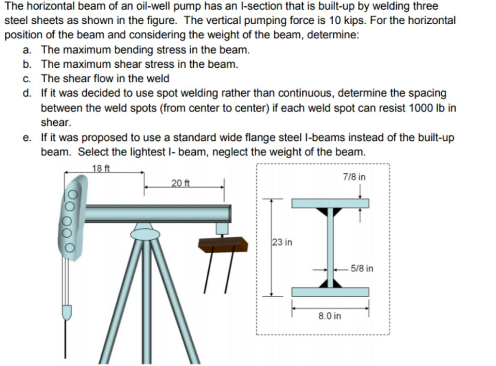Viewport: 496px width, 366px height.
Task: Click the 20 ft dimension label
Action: pos(180,183)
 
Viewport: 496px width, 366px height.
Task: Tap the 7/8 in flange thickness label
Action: pos(354,177)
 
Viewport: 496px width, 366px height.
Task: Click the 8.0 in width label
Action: pos(330,316)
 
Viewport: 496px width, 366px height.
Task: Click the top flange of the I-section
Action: pos(330,203)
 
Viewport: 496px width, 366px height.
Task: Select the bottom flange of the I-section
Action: pos(330,292)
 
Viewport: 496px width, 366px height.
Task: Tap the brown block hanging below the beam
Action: pos(223,244)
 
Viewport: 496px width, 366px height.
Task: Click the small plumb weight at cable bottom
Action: pos(67,311)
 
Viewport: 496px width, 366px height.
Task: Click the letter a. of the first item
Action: pos(28,50)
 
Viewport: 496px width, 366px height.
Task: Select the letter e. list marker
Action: pos(28,138)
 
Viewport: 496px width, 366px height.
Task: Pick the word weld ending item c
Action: pos(158,78)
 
